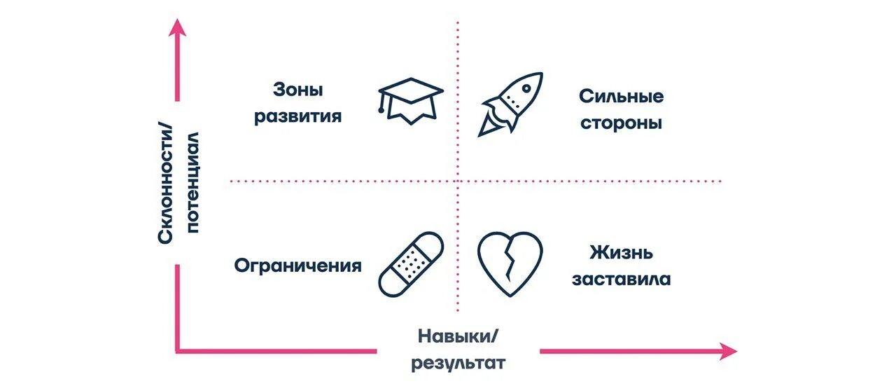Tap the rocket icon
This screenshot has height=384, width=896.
(x=510, y=103)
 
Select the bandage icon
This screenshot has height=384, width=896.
(x=411, y=263)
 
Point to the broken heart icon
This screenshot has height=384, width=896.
(x=510, y=263)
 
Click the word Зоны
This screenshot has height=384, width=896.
(x=299, y=90)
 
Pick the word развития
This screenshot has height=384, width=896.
(x=298, y=116)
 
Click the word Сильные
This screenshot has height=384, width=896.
(x=621, y=96)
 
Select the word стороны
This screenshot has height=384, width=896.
(x=621, y=123)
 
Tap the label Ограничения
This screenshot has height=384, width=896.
(x=298, y=266)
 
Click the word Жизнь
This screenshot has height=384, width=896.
(x=621, y=252)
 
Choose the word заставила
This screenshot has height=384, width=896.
(x=621, y=280)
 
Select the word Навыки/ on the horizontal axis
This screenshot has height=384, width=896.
(x=458, y=336)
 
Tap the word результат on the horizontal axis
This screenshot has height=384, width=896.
(x=458, y=364)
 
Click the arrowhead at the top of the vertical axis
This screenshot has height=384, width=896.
(x=178, y=27)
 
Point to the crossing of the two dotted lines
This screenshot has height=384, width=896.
(x=458, y=181)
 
